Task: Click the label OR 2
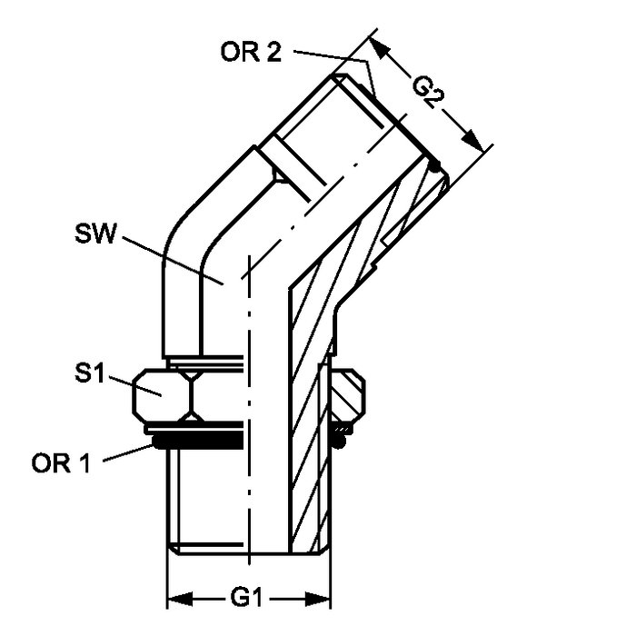[x=251, y=51]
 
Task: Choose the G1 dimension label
[x=248, y=599]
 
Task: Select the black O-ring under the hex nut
[x=195, y=442]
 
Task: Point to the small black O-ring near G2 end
[x=438, y=166]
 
